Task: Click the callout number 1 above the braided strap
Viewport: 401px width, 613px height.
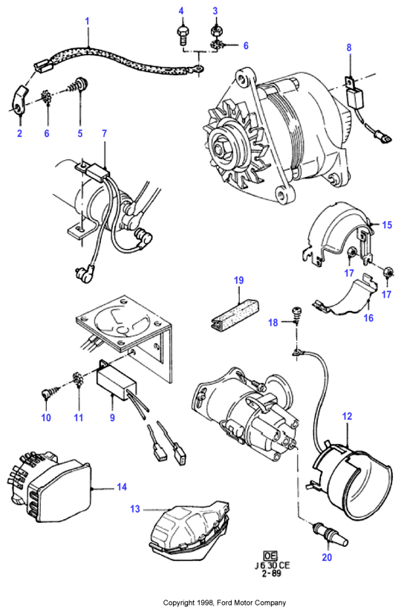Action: click(x=88, y=21)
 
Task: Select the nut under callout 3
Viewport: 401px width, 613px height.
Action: click(x=215, y=30)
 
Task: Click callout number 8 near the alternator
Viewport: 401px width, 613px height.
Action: click(x=349, y=48)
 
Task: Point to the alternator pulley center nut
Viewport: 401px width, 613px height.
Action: click(x=218, y=149)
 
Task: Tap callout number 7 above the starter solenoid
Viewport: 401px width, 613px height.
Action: click(x=104, y=134)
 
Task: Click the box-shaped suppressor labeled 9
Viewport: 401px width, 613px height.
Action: click(x=117, y=380)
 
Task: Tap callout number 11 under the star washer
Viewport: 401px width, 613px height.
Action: click(x=79, y=417)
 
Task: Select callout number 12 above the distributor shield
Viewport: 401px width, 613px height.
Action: click(x=348, y=417)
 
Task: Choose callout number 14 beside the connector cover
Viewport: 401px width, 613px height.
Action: click(x=122, y=487)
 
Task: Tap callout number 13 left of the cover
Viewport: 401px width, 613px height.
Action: click(x=135, y=509)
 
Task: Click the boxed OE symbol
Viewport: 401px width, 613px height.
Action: click(x=270, y=556)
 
